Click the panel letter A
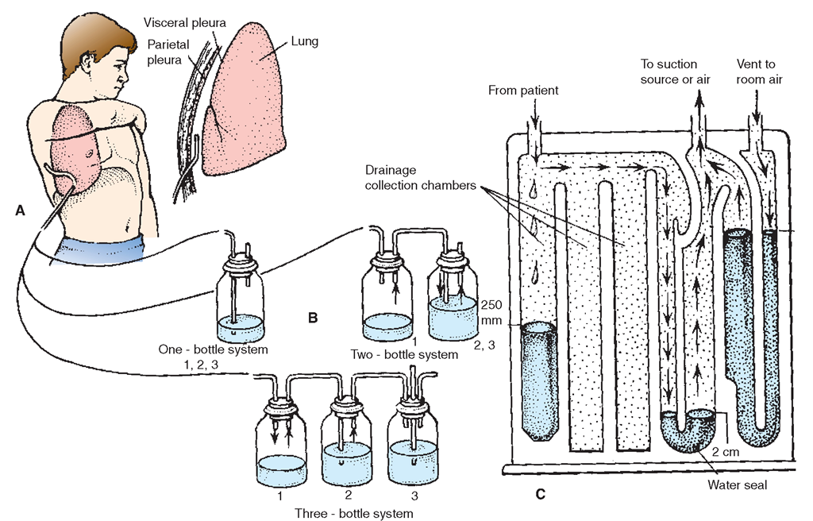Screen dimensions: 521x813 20,210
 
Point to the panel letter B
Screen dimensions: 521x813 314,318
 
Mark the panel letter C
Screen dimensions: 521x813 541,494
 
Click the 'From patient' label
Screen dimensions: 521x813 525,91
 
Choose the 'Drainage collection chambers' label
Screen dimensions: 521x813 420,179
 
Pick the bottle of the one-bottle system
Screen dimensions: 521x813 241,305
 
